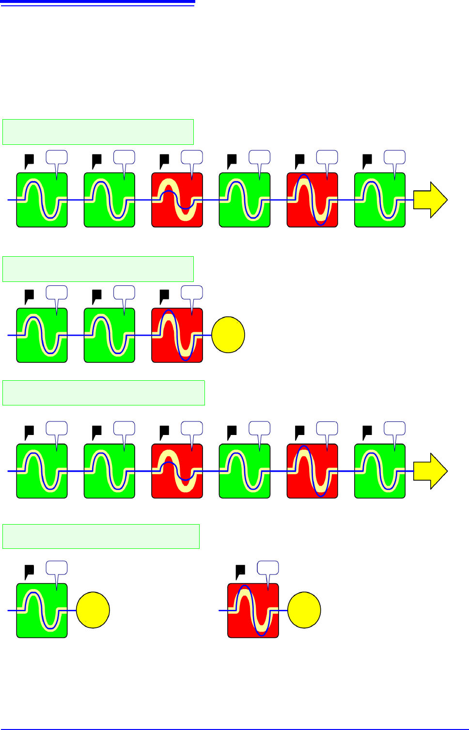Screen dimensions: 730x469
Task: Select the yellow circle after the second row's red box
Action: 228,335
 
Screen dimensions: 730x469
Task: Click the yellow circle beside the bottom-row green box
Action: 93,610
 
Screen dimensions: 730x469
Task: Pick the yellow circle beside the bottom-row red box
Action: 304,610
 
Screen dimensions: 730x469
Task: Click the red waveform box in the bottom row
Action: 253,610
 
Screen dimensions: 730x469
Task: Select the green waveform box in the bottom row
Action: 42,610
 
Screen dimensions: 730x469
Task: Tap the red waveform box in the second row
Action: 177,335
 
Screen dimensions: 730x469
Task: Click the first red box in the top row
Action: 177,200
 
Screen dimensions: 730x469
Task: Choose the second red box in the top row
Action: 313,200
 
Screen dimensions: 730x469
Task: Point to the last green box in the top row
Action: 380,200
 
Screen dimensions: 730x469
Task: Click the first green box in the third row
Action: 42,471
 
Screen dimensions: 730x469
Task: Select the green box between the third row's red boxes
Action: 245,471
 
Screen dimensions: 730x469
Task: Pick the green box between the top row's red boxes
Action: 245,200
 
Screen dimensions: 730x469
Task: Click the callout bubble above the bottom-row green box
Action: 57,568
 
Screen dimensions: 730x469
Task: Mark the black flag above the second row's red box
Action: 165,295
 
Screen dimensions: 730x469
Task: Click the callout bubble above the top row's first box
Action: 57,157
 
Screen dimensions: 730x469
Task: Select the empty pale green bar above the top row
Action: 98,132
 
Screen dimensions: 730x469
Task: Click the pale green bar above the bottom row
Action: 101,536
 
